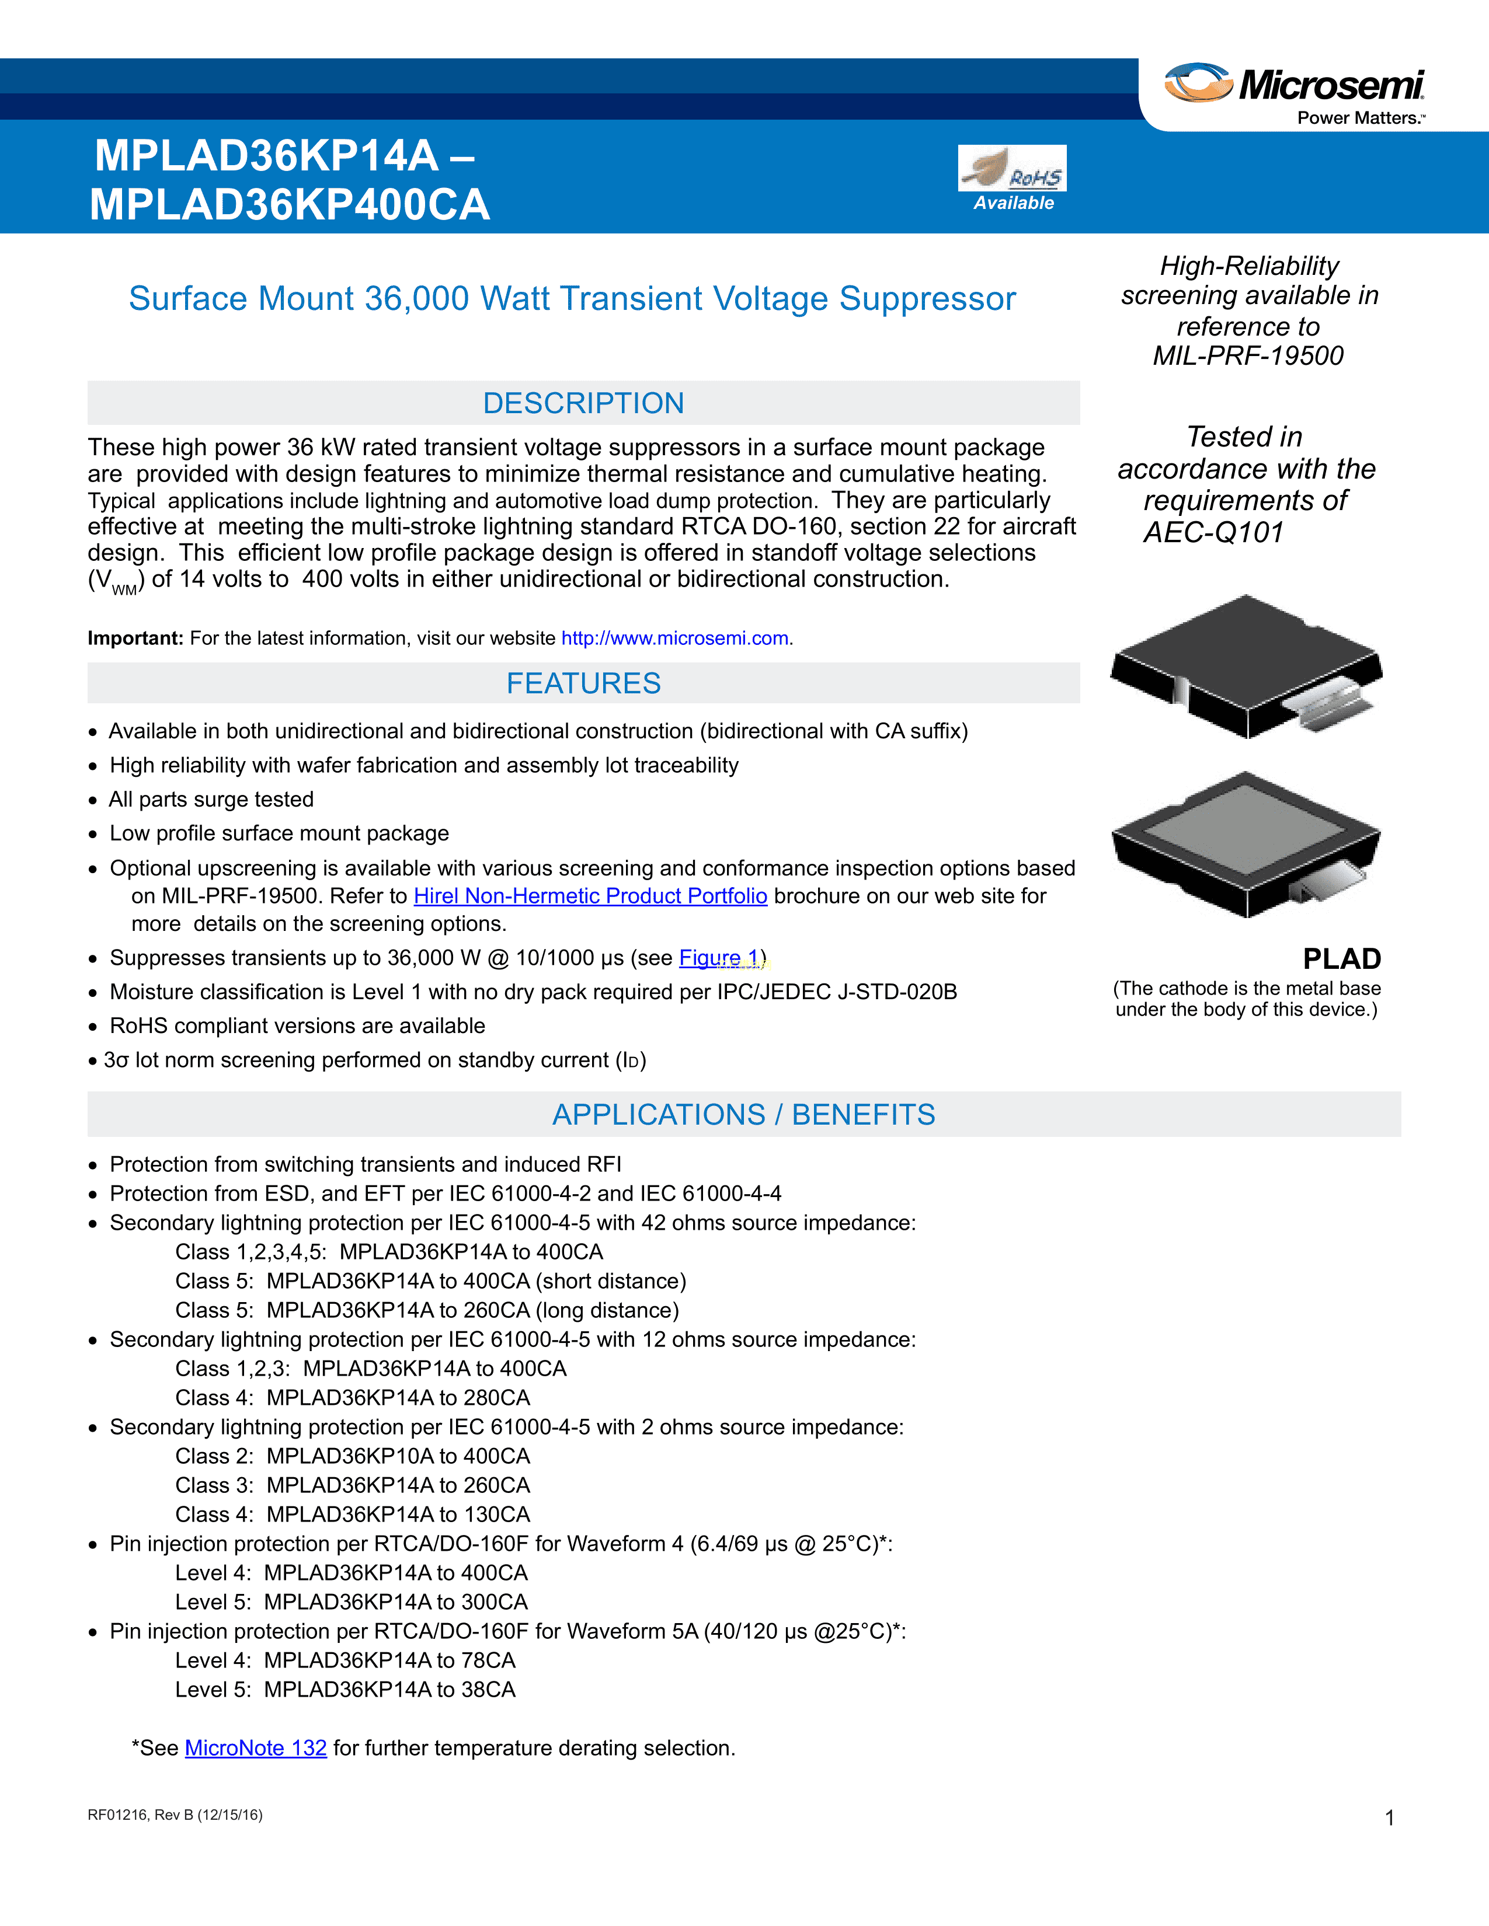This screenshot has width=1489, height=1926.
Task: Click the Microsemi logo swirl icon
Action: [x=1198, y=82]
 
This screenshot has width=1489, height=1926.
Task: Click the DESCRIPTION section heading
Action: [x=583, y=403]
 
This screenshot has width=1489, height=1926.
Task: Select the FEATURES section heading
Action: [x=583, y=683]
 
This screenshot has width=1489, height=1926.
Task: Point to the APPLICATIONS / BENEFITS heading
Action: [x=743, y=1115]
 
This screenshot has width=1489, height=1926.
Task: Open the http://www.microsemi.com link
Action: [x=675, y=638]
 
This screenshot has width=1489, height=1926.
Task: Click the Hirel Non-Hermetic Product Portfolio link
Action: [x=590, y=896]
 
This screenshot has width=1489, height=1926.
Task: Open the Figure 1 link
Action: [x=719, y=958]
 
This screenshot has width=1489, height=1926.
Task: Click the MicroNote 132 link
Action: [x=256, y=1748]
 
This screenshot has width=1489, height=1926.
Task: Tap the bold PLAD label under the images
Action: [x=1342, y=958]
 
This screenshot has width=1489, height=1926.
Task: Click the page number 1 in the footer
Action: [x=1389, y=1817]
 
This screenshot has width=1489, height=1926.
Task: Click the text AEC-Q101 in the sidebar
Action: [x=1213, y=533]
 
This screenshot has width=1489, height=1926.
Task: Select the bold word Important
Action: [x=135, y=638]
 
